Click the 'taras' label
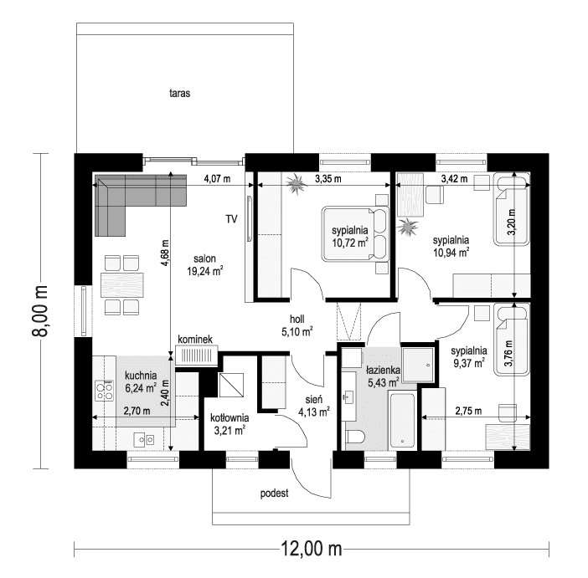point(179,94)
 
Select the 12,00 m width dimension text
point(311,550)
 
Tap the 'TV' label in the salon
point(230,219)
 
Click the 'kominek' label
point(195,339)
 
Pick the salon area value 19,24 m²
point(205,270)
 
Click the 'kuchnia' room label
point(140,375)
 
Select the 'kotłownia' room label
point(228,417)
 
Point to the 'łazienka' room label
point(383,369)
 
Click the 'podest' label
point(274,494)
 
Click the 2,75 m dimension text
point(468,411)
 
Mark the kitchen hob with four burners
point(106,388)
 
